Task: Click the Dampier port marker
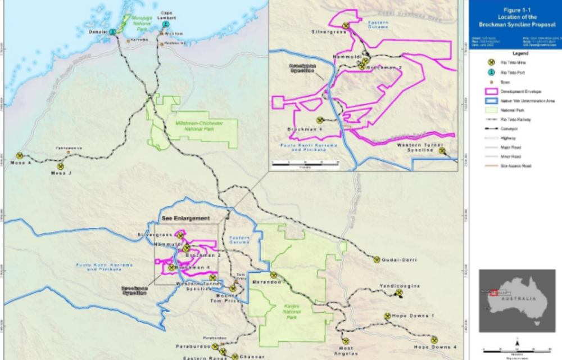(113, 31)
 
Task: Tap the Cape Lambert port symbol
(165, 25)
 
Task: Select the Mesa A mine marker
(20, 156)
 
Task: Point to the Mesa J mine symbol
(60, 166)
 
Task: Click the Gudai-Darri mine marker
(377, 259)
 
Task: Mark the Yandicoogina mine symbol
(399, 293)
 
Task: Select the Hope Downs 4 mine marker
(434, 339)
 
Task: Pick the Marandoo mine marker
(273, 275)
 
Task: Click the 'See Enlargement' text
(185, 218)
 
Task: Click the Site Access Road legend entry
(515, 166)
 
